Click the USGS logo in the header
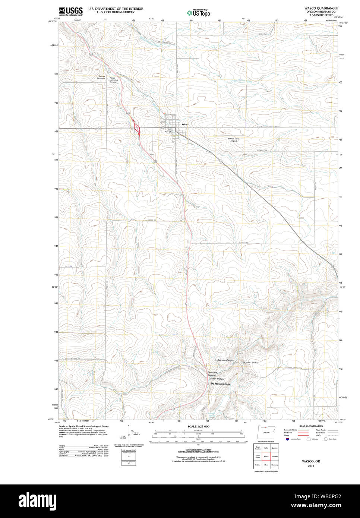(71, 11)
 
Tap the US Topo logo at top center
(199, 13)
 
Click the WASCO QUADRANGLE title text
(321, 8)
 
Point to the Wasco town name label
(185, 124)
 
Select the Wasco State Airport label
(234, 140)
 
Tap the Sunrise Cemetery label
(101, 78)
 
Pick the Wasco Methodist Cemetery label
(113, 80)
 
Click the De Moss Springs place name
(220, 384)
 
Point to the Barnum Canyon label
(225, 360)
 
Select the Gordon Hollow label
(217, 379)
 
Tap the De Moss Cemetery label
(250, 363)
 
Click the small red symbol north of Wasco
(164, 113)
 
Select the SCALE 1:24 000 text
(198, 426)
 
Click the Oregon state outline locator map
(266, 432)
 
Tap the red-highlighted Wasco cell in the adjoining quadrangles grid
(266, 456)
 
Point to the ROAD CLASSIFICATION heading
(311, 426)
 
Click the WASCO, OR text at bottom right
(311, 461)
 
